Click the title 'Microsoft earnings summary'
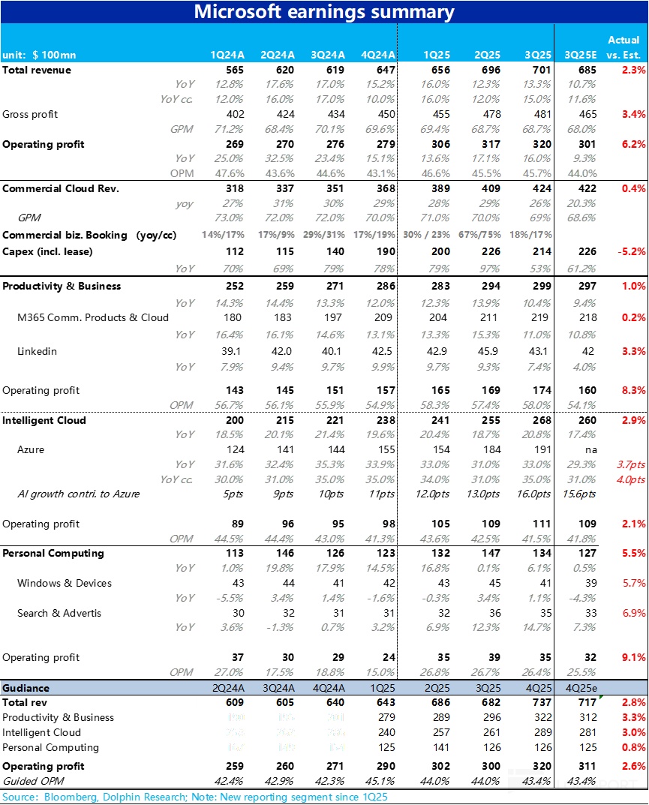324,12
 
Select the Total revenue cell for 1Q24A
234,70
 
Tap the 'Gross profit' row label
30,114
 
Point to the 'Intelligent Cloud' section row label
44,420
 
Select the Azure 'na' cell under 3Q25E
589,449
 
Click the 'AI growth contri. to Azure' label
78,494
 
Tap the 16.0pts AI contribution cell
533,494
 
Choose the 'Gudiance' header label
26,688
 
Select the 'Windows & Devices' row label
65,583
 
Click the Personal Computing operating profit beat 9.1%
632,657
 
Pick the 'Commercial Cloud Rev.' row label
61,188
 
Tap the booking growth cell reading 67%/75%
482,235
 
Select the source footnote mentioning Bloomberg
195,797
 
